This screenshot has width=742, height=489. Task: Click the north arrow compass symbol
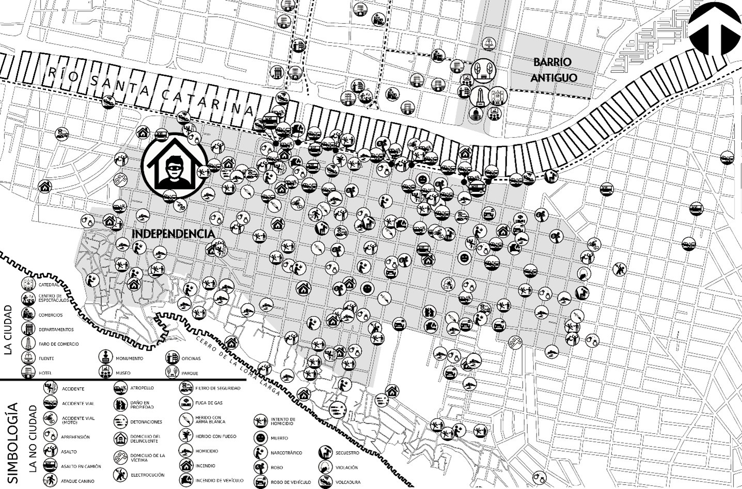[714, 30]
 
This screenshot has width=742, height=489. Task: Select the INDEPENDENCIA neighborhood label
[173, 234]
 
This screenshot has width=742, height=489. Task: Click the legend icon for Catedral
[27, 284]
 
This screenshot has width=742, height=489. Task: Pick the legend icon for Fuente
[27, 358]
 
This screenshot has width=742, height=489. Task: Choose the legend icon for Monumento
[106, 357]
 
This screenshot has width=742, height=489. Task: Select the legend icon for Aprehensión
[51, 436]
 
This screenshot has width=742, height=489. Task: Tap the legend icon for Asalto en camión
[51, 466]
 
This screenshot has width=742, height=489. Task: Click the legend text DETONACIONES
[146, 422]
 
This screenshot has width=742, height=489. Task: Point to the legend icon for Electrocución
[121, 474]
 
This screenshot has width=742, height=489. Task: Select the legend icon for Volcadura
[325, 482]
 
